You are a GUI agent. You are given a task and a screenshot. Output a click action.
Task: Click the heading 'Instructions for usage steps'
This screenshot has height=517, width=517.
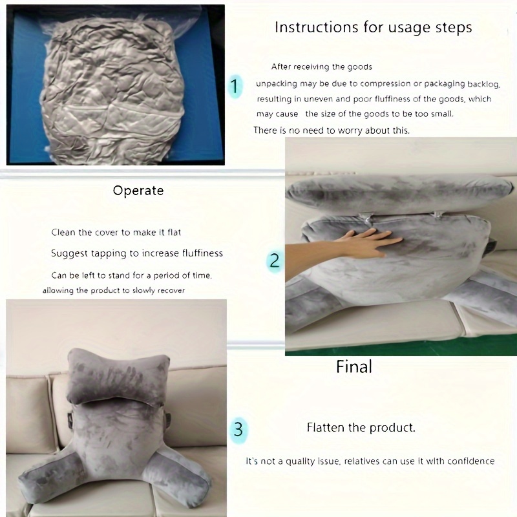click(373, 28)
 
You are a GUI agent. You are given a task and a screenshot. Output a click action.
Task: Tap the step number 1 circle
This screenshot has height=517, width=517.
click(235, 86)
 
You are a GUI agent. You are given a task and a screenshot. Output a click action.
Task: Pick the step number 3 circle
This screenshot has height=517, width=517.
click(238, 428)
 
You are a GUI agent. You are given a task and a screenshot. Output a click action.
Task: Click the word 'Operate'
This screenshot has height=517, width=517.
click(138, 191)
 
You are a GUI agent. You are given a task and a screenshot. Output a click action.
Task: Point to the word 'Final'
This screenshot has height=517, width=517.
click(354, 367)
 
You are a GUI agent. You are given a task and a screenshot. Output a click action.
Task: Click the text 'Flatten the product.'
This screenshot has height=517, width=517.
click(361, 428)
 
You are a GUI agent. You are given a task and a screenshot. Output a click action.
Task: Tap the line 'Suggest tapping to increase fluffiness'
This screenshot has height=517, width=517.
click(137, 253)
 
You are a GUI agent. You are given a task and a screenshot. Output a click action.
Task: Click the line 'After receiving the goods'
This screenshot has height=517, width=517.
click(321, 67)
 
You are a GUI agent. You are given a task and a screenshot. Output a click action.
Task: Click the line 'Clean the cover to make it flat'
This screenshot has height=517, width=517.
click(120, 233)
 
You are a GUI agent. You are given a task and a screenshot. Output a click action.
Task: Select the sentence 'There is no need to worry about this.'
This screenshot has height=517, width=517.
click(331, 131)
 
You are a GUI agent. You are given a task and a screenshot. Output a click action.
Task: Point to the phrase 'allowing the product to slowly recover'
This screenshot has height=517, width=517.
click(114, 291)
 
